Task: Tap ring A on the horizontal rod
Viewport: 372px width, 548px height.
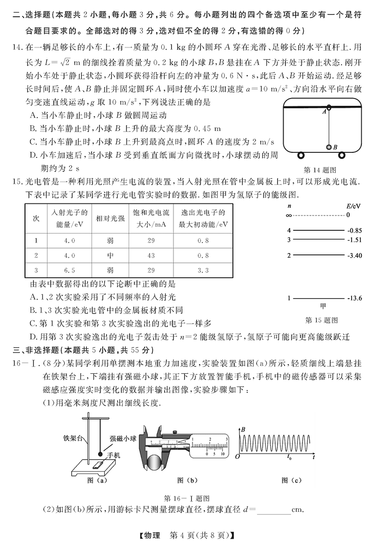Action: pyautogui.click(x=329, y=108)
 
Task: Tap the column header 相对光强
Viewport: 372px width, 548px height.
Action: pyautogui.click(x=108, y=218)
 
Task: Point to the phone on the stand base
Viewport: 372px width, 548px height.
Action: pyautogui.click(x=99, y=464)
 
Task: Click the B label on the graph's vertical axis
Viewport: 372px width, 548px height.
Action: pyautogui.click(x=243, y=430)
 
